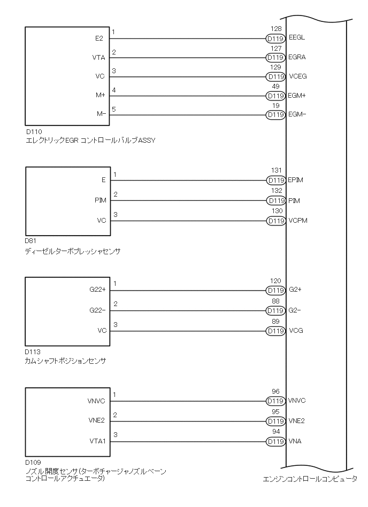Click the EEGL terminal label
click(x=297, y=38)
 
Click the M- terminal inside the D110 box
click(x=102, y=114)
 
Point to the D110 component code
click(x=33, y=131)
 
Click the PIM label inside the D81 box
click(x=100, y=200)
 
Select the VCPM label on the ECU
click(x=298, y=220)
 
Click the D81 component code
click(x=31, y=241)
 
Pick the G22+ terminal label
click(x=98, y=290)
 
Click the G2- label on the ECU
click(x=295, y=310)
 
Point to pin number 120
click(x=276, y=281)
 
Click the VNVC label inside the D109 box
click(x=96, y=401)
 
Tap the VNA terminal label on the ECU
click(x=295, y=441)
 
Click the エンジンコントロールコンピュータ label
click(x=310, y=479)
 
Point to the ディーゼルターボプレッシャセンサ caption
click(x=73, y=251)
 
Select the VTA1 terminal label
click(x=98, y=441)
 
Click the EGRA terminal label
click(x=297, y=57)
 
